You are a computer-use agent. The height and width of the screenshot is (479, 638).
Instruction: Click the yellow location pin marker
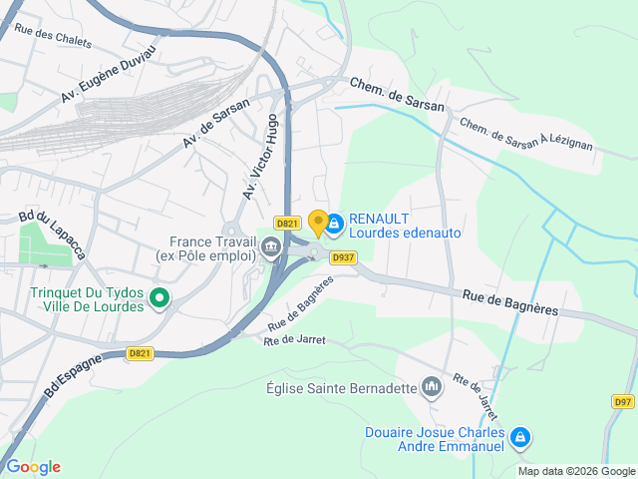pyautogui.click(x=318, y=223)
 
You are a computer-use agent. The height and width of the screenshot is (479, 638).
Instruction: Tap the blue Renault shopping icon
pyautogui.click(x=334, y=226)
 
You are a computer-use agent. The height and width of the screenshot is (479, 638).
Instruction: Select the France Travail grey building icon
pyautogui.click(x=270, y=249)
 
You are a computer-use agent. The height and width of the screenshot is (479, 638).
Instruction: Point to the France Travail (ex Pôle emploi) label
pyautogui.click(x=206, y=248)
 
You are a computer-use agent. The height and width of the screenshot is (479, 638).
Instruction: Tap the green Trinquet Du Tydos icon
pyautogui.click(x=159, y=297)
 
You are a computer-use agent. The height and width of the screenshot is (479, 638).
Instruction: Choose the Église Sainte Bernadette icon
pyautogui.click(x=432, y=386)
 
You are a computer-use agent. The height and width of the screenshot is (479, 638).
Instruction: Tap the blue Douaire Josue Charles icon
pyautogui.click(x=519, y=437)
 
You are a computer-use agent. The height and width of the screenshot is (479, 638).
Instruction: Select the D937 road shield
pyautogui.click(x=343, y=256)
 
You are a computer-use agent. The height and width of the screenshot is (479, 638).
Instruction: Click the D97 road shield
pyautogui.click(x=622, y=402)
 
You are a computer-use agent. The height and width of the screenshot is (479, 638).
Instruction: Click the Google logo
pyautogui.click(x=33, y=466)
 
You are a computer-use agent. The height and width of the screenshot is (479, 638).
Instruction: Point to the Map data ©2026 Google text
pyautogui.click(x=576, y=471)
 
